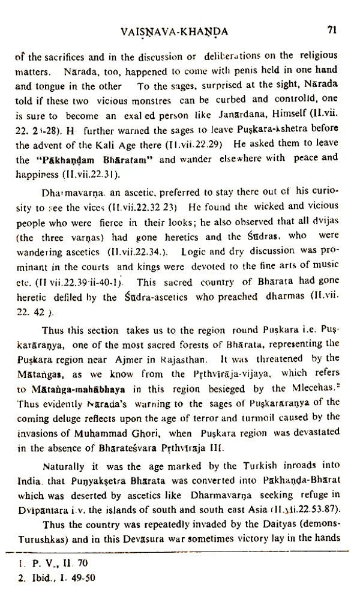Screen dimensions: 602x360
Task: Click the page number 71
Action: pyautogui.click(x=334, y=28)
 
